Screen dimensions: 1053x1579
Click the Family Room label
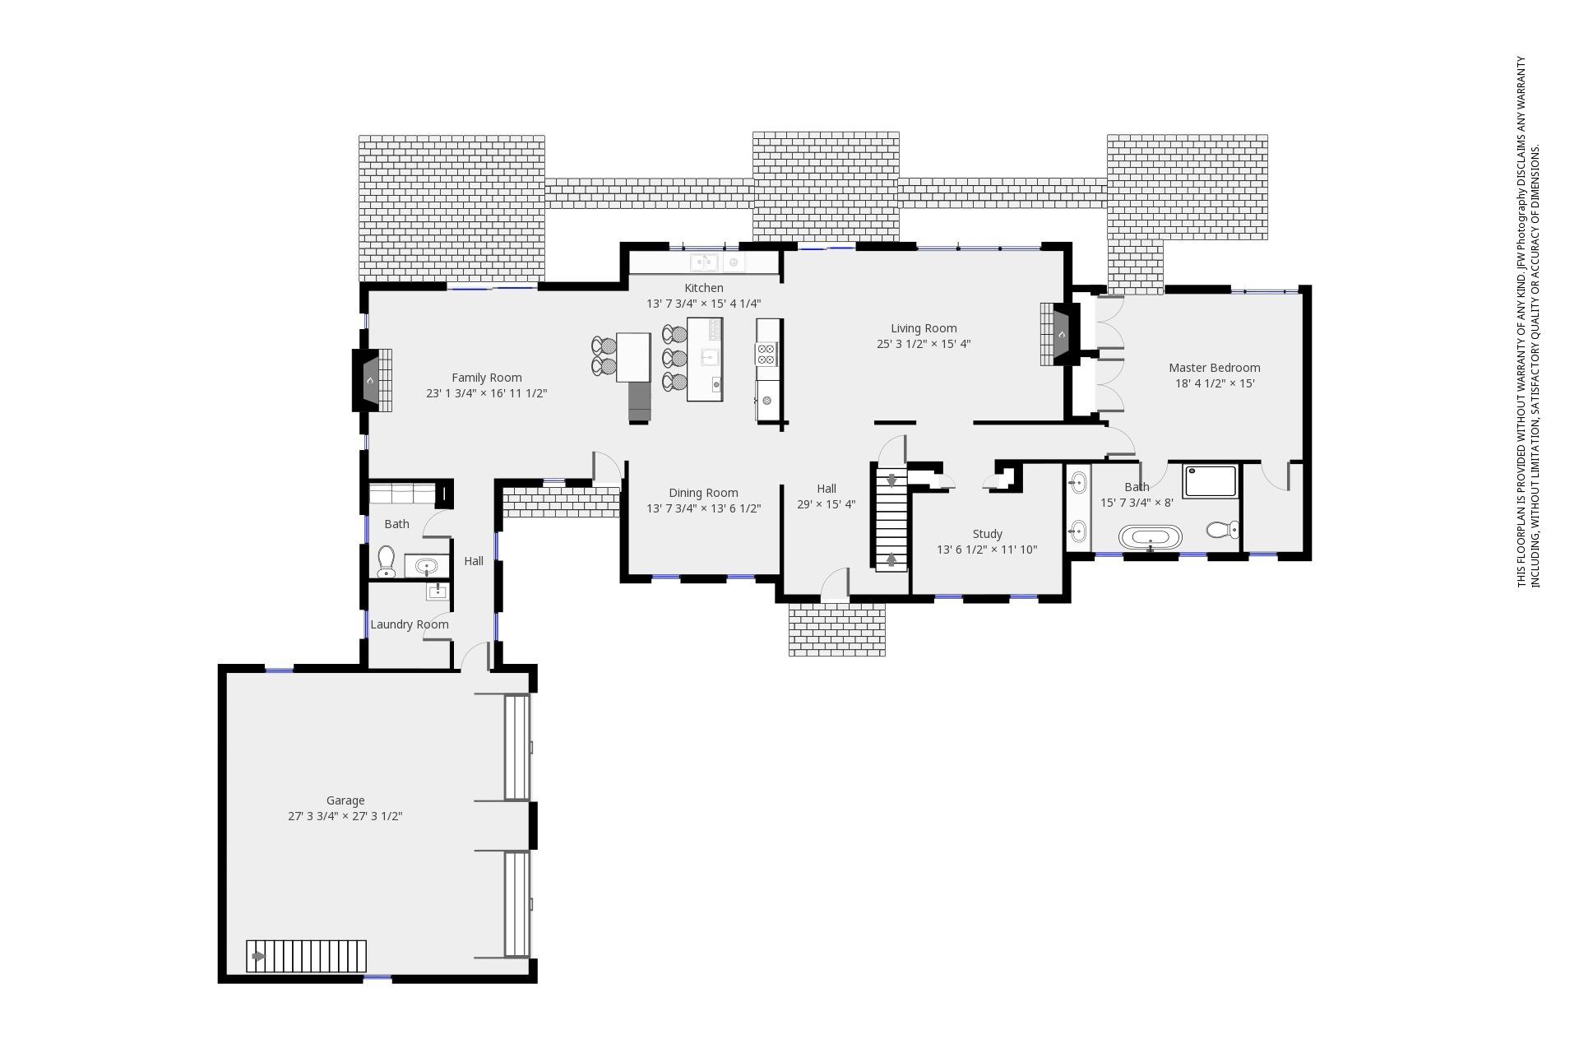point(486,378)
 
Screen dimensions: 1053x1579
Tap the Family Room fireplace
point(368,380)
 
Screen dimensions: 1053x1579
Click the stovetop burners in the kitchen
point(766,354)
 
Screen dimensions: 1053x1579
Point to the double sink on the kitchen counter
point(704,262)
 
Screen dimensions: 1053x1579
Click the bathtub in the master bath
point(1150,538)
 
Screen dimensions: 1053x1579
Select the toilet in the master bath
point(1223,530)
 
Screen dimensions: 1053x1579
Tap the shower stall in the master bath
point(1210,481)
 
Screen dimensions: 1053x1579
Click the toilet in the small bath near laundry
point(387,561)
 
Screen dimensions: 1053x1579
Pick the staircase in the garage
point(306,956)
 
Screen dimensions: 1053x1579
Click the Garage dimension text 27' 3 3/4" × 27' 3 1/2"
point(345,816)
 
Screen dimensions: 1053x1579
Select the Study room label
point(987,534)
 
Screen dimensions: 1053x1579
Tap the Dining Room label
point(703,493)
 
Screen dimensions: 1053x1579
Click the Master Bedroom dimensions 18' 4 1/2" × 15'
point(1215,383)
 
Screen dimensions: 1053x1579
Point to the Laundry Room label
point(410,624)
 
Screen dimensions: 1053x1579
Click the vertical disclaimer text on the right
point(1527,321)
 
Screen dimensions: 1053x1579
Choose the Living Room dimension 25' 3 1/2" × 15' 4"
point(924,344)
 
